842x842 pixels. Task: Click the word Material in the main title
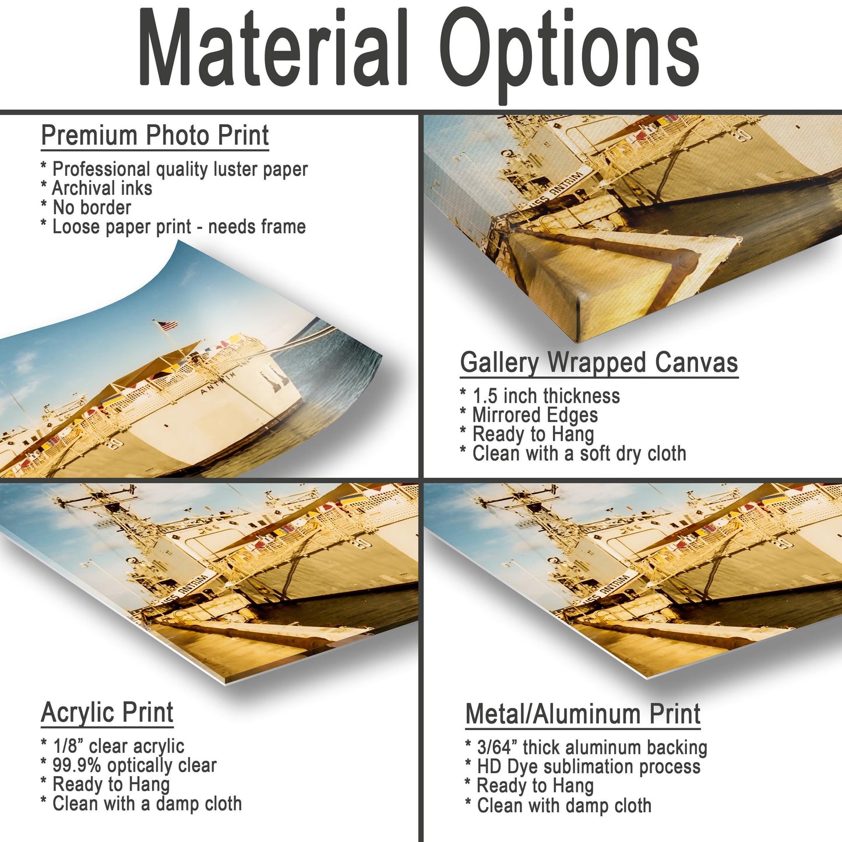pyautogui.click(x=273, y=47)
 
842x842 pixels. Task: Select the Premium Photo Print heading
pyautogui.click(x=154, y=135)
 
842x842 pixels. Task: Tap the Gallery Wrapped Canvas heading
pyautogui.click(x=599, y=362)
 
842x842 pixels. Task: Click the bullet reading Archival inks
pyautogui.click(x=96, y=188)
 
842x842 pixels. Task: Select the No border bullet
pyautogui.click(x=86, y=207)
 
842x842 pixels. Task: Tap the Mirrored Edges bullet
pyautogui.click(x=529, y=415)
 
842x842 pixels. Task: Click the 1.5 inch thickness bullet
pyautogui.click(x=540, y=396)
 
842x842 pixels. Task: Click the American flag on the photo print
pyautogui.click(x=167, y=326)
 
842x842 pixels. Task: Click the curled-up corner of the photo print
pyautogui.click(x=178, y=242)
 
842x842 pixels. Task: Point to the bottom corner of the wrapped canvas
pyautogui.click(x=577, y=341)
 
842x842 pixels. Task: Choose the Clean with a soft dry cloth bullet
pyautogui.click(x=573, y=453)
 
